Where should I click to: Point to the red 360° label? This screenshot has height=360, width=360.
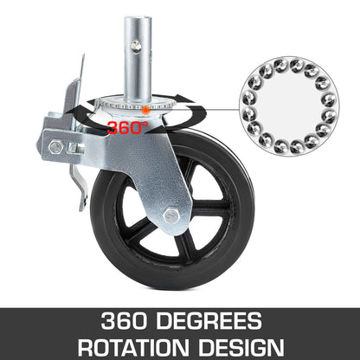(128, 127)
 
